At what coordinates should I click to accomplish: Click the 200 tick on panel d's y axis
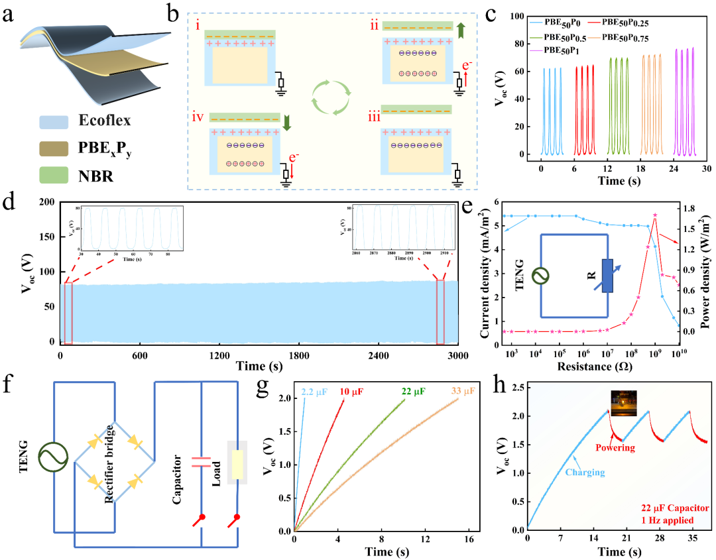[x=46, y=202]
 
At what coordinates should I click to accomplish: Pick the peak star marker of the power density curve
[x=655, y=215]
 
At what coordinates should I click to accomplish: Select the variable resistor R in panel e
[x=609, y=276]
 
